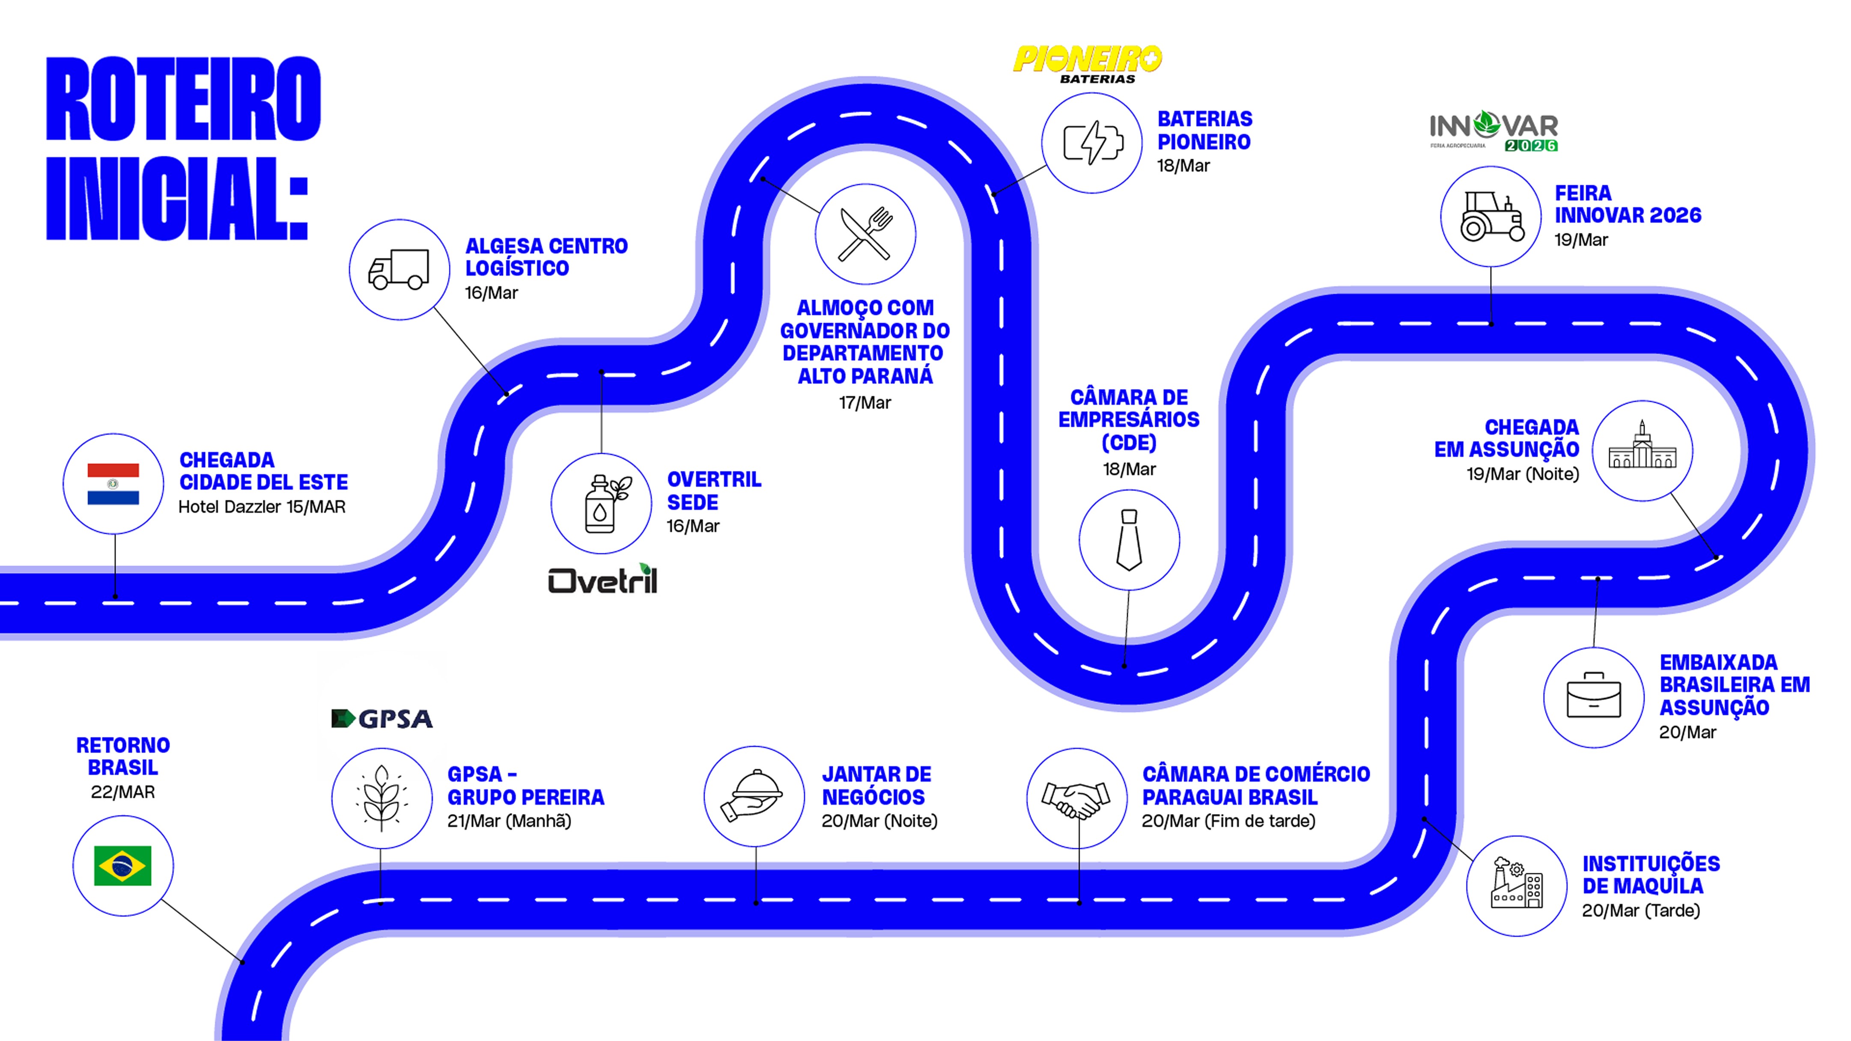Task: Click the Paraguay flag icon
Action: coord(113,484)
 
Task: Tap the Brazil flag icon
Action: coord(123,865)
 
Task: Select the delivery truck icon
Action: coord(399,269)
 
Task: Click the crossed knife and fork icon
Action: coord(865,234)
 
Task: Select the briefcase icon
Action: coord(1593,696)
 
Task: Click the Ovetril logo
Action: coord(602,579)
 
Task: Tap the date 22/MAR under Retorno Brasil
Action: coord(123,792)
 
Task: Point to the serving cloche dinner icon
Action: coord(753,797)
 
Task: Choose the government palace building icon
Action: coord(1642,450)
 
